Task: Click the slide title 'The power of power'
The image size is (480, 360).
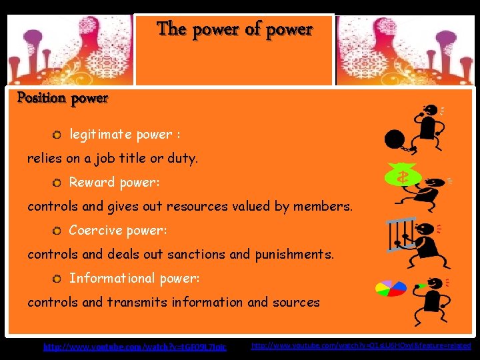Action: (x=234, y=29)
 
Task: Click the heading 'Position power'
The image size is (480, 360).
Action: (x=63, y=99)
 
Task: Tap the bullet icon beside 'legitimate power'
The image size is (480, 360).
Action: (x=57, y=135)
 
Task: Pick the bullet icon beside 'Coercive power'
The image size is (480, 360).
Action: (x=57, y=231)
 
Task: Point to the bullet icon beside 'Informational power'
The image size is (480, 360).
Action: (x=57, y=279)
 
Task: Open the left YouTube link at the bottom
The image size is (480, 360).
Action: (x=135, y=347)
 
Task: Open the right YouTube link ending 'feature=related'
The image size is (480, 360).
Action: (x=361, y=346)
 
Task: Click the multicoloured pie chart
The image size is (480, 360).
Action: (x=391, y=288)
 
